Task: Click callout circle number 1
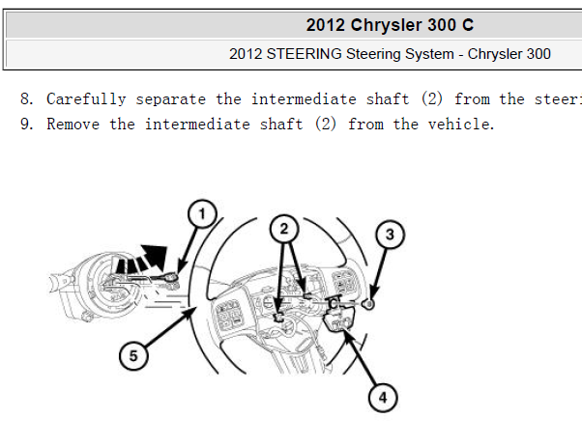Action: tap(202, 214)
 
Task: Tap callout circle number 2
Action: tap(284, 229)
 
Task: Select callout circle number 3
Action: tap(390, 235)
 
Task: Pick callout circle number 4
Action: tap(383, 398)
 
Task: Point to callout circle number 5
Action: tap(133, 355)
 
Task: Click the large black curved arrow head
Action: tap(155, 256)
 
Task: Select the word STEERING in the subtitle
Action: tap(304, 54)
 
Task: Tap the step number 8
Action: tap(27, 99)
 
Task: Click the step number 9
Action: tap(27, 125)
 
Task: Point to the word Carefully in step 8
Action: tap(86, 99)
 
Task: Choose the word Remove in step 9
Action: tap(73, 125)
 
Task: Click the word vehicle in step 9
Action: tap(460, 125)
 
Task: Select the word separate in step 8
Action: tap(171, 99)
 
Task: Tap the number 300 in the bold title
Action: tap(442, 25)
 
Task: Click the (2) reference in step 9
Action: tap(326, 125)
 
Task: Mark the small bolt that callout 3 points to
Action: tap(369, 304)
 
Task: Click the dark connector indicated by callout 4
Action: tap(339, 319)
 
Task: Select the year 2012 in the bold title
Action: tap(326, 25)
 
